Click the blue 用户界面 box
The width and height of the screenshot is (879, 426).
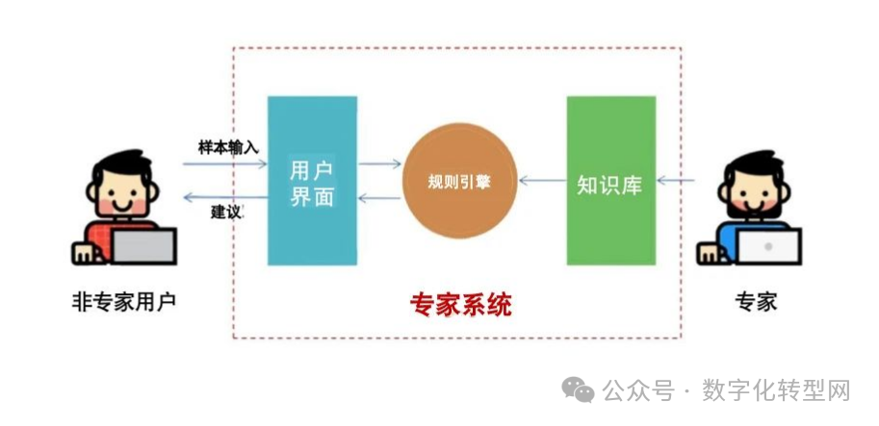click(x=312, y=181)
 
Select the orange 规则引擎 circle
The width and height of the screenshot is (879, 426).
click(x=459, y=181)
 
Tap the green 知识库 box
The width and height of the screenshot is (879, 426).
click(x=611, y=181)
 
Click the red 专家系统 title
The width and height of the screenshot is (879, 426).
click(x=461, y=305)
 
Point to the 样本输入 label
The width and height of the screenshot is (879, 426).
click(x=228, y=148)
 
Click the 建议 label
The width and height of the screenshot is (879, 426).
click(x=228, y=213)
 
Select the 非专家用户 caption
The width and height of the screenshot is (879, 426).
click(x=124, y=302)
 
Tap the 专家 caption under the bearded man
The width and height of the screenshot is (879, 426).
click(x=756, y=302)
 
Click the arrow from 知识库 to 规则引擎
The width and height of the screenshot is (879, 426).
click(x=543, y=180)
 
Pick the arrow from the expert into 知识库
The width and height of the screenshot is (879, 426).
click(x=676, y=180)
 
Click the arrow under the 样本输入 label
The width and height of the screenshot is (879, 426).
click(x=224, y=164)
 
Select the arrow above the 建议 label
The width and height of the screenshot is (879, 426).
click(x=225, y=197)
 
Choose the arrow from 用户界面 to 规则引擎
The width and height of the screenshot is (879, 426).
click(x=380, y=164)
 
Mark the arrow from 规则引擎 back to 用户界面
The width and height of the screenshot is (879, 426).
click(x=379, y=197)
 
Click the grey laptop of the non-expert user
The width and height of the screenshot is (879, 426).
click(x=143, y=246)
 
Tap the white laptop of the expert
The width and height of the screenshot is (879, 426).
click(x=768, y=246)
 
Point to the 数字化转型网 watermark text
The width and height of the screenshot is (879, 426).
click(x=777, y=390)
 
